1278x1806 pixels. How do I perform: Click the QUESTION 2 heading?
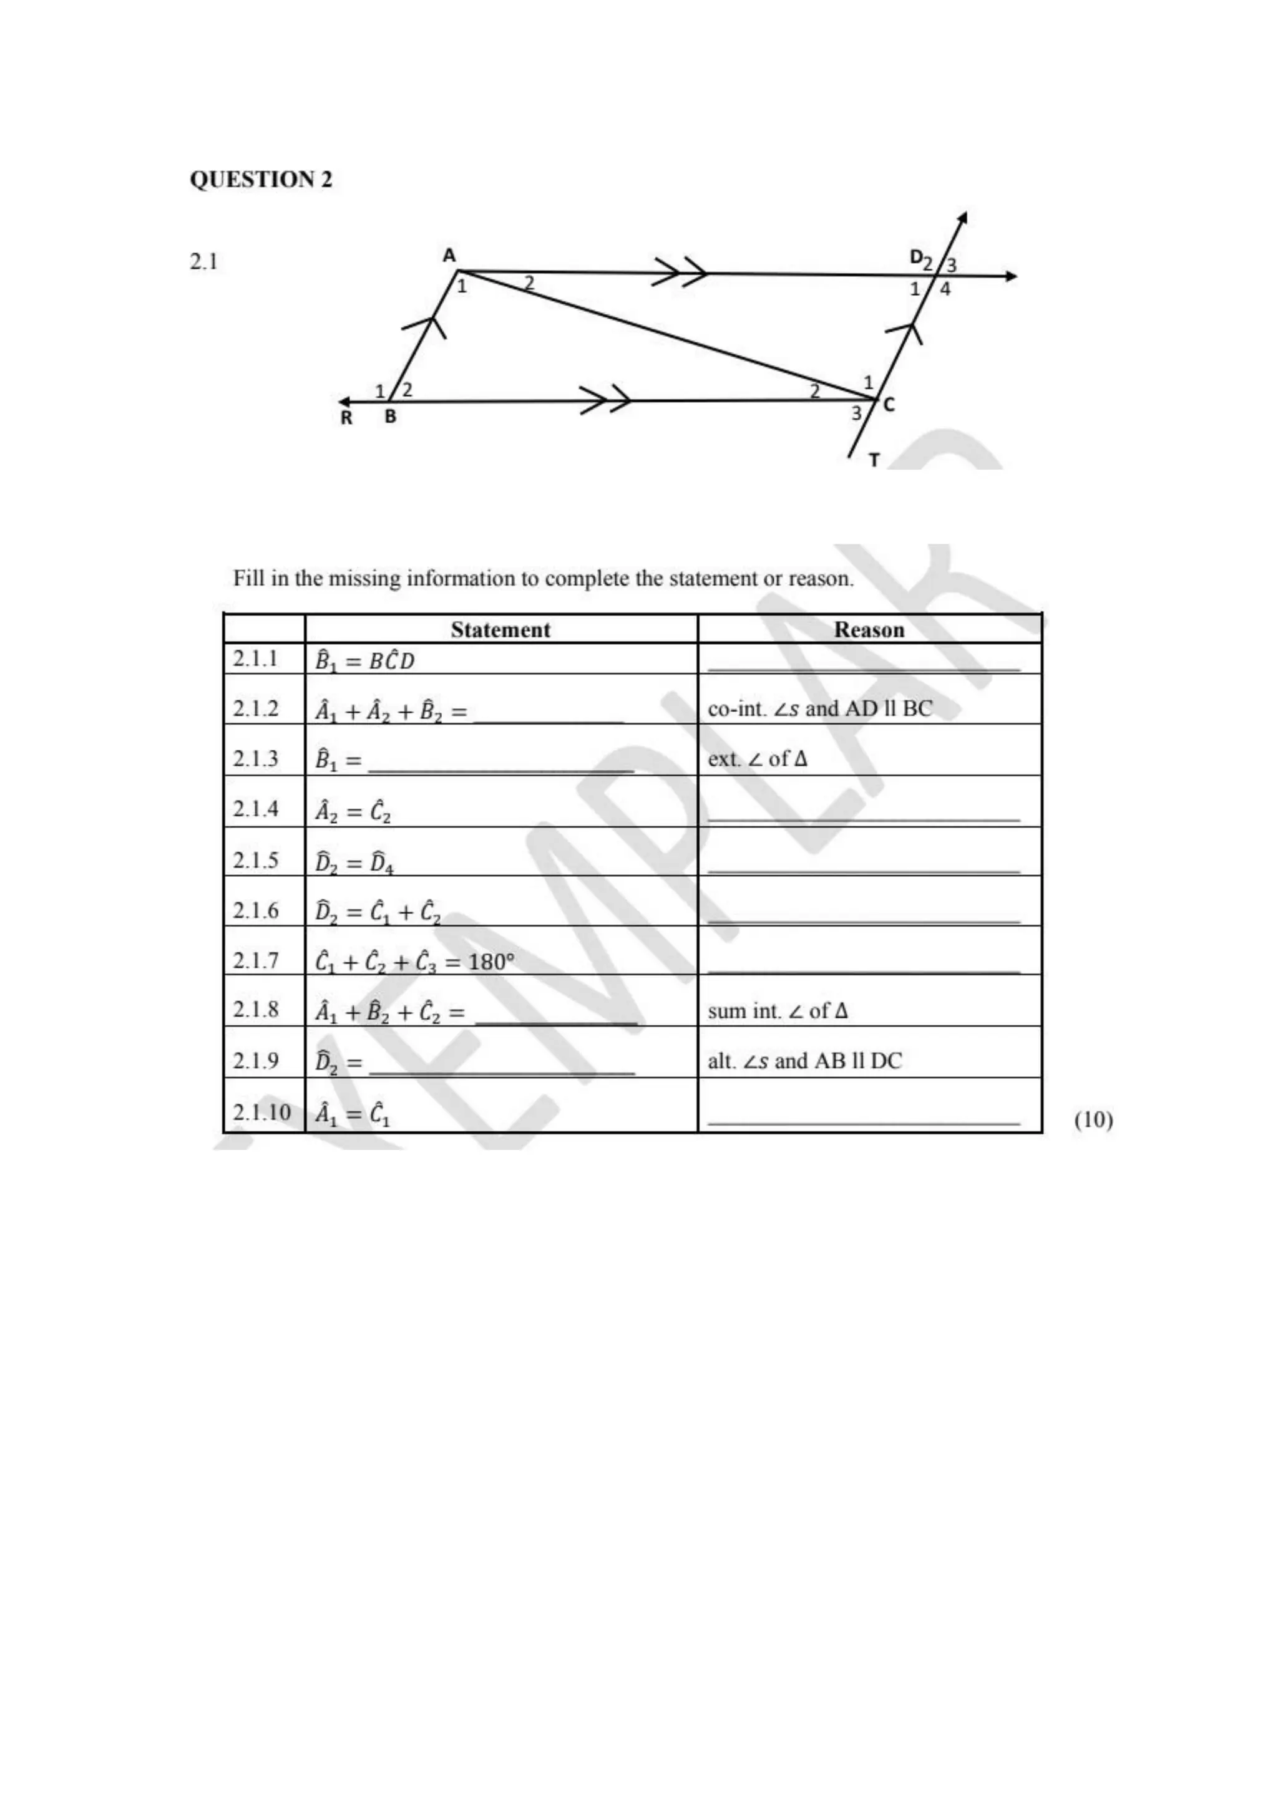260,180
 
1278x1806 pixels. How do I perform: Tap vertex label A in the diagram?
449,256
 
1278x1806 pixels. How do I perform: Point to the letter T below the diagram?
874,460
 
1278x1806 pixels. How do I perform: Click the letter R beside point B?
346,418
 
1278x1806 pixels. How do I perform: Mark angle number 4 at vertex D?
945,289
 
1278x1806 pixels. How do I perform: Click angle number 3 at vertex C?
856,413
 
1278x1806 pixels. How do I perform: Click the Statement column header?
500,629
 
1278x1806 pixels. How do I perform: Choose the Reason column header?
869,629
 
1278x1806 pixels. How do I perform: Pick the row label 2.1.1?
256,659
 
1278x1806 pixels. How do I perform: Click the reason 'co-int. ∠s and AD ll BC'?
819,708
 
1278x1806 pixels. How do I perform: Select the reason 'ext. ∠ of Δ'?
757,759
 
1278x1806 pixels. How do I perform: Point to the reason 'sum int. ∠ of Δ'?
778,1011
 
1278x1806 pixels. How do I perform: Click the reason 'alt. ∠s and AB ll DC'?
804,1061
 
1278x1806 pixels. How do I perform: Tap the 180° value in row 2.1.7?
491,962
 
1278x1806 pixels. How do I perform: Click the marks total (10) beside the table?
1093,1119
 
